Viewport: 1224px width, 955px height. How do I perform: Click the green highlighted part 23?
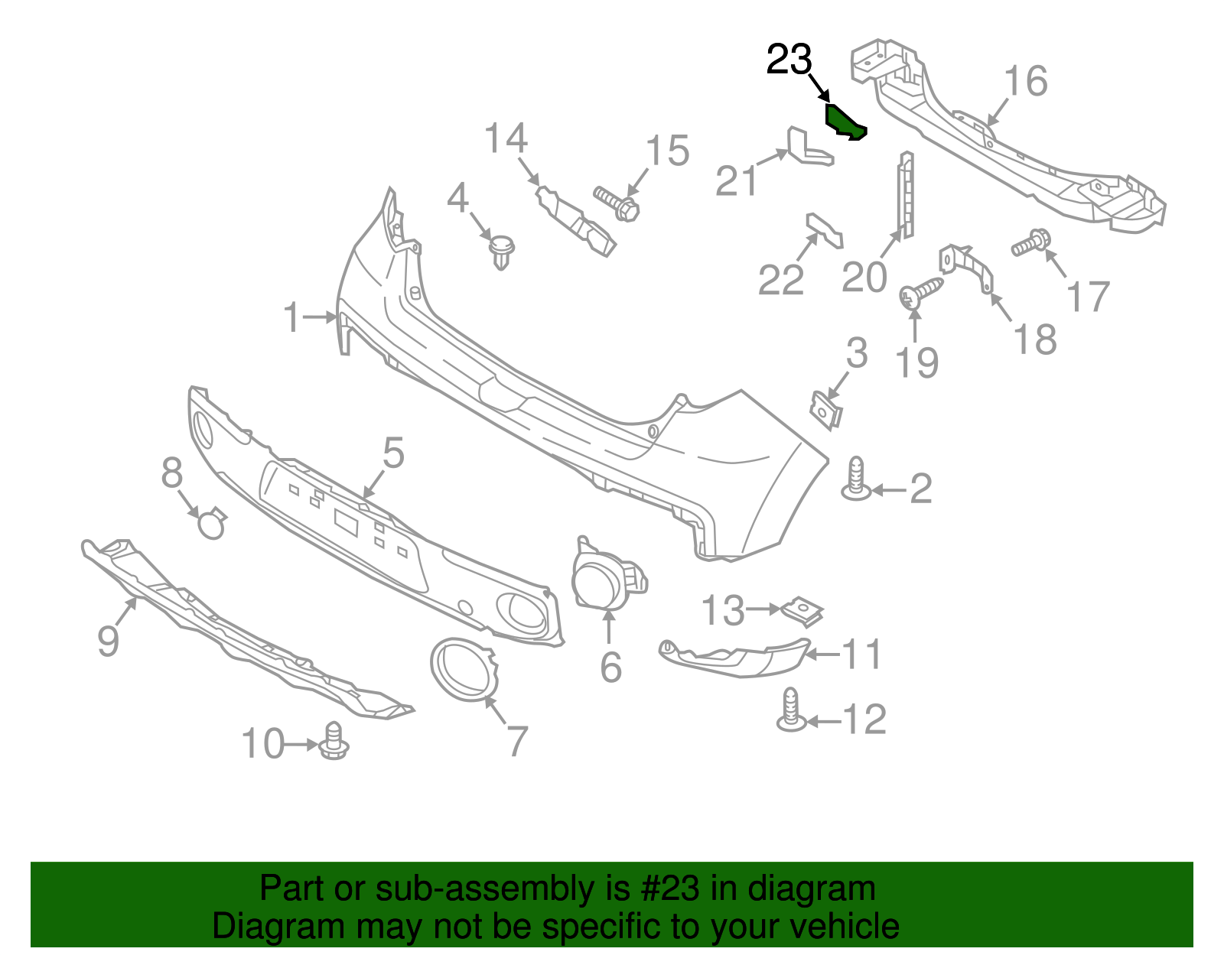click(844, 122)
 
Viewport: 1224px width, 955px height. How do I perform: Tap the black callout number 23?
click(789, 60)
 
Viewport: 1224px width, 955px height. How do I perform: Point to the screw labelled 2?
click(857, 480)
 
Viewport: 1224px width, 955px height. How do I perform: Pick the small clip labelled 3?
click(826, 408)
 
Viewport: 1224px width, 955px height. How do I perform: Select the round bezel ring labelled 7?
click(464, 670)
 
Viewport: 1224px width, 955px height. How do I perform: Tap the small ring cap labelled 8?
click(212, 525)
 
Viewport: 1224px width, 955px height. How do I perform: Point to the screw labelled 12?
click(791, 710)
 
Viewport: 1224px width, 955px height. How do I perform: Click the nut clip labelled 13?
click(802, 610)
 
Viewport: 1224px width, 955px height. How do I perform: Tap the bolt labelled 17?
click(1030, 243)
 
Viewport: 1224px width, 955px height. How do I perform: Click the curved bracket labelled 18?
click(968, 267)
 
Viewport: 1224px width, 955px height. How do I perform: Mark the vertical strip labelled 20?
click(906, 195)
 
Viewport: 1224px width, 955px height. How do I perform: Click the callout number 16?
click(1025, 81)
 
